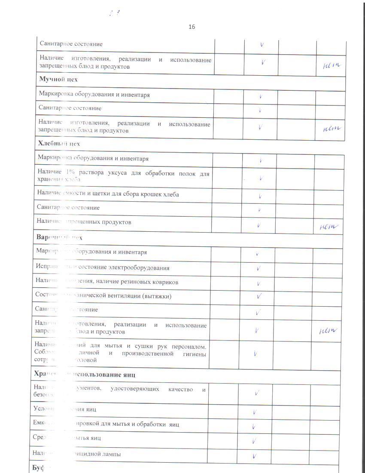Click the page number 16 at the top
[x=192, y=27]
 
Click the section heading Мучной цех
[x=58, y=79]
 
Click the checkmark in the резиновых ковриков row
[x=259, y=283]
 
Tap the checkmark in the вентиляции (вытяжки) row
[x=259, y=296]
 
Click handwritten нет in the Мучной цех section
[x=331, y=128]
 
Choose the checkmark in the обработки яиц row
[x=254, y=426]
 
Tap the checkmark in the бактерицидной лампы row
[x=255, y=456]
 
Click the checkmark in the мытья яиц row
[x=254, y=440]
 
